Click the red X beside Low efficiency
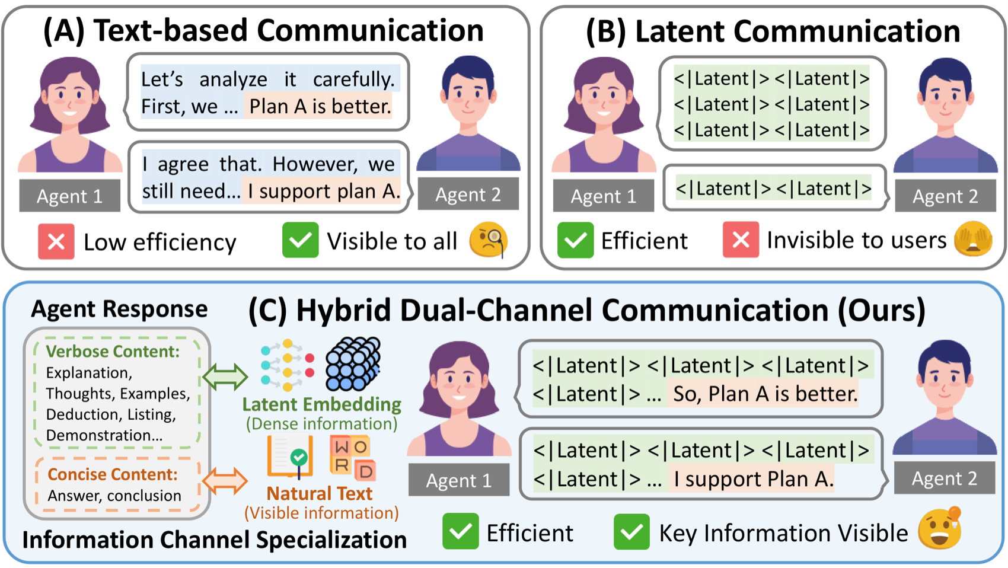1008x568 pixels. [x=56, y=241]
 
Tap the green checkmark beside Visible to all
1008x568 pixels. [x=300, y=240]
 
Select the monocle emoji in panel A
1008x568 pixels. [x=489, y=240]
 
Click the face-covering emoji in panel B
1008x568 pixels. [x=973, y=239]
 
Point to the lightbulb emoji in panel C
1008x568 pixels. [x=940, y=528]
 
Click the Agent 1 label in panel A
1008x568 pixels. [x=70, y=196]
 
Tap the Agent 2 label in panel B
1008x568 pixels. [x=945, y=196]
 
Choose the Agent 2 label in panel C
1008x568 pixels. [x=944, y=478]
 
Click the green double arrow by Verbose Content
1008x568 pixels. [x=225, y=376]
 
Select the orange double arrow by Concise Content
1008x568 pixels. [x=225, y=481]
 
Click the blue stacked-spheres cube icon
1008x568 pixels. [x=353, y=363]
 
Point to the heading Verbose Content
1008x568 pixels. [x=113, y=352]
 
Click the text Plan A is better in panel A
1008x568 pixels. [x=320, y=107]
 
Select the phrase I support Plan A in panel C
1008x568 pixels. [x=753, y=479]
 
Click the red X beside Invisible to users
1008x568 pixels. [x=741, y=240]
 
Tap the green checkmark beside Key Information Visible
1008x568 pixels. [x=631, y=532]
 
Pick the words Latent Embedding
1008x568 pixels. [x=322, y=404]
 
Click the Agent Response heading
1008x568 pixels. [x=119, y=309]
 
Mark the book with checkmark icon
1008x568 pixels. [x=289, y=457]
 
